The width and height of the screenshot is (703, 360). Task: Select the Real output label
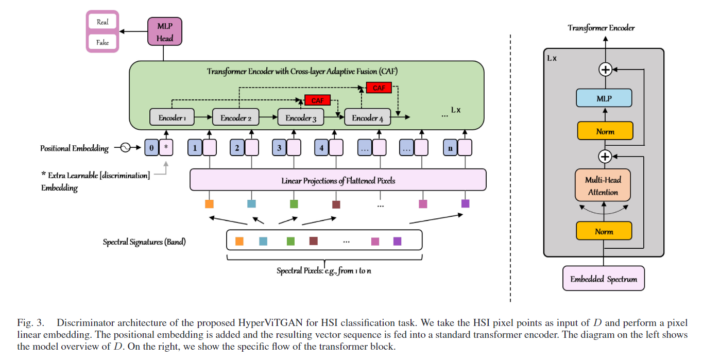coord(102,23)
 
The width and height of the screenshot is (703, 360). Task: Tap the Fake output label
coord(102,43)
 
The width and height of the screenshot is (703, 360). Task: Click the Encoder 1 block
coord(172,117)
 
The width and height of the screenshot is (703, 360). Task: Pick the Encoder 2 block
coord(236,117)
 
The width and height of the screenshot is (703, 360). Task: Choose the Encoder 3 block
coord(301,117)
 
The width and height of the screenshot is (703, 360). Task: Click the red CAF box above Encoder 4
coord(379,88)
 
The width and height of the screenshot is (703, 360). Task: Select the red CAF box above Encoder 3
coord(318,100)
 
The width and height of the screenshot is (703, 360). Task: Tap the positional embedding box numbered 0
coord(151,148)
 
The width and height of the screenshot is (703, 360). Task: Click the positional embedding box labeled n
coord(451,148)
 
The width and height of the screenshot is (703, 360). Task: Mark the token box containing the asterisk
coord(166,148)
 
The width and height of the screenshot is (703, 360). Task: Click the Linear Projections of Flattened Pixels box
coord(338,180)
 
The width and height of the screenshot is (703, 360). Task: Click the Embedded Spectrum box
coord(604,279)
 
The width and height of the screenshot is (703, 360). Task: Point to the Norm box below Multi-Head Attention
coord(604,231)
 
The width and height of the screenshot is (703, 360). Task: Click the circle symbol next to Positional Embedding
coord(125,148)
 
